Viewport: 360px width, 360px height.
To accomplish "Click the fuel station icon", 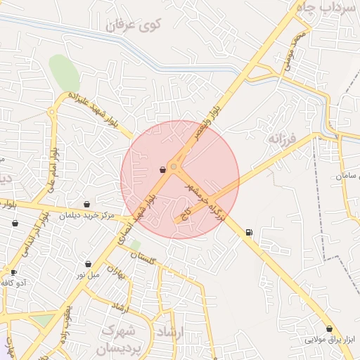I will (249, 233).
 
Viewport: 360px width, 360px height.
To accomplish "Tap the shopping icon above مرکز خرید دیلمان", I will (86, 205).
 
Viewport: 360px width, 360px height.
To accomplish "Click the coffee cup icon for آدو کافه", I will (13, 272).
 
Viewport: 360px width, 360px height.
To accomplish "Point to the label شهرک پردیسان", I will (120, 338).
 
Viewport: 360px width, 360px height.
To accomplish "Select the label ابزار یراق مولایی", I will (330, 340).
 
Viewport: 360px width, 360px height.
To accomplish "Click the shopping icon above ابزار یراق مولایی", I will (329, 328).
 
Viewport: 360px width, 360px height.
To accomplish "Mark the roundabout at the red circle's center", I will (174, 167).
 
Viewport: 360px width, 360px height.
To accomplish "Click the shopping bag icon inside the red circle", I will (162, 169).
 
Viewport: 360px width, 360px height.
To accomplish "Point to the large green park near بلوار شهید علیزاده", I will (65, 72).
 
